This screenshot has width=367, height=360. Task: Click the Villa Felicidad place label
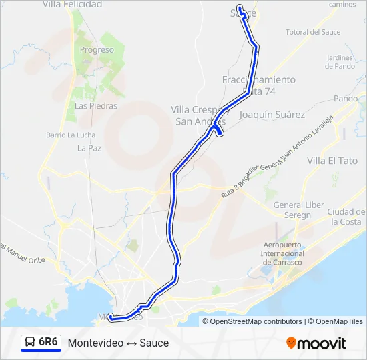pos(72,5)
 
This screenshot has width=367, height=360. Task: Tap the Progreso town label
pos(97,50)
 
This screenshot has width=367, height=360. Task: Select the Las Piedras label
pos(95,105)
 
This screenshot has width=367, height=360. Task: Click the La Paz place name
pos(89,148)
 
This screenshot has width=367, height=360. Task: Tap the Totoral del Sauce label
pos(313,32)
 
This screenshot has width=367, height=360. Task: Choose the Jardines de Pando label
pos(340,62)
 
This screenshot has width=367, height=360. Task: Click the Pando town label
pos(346,98)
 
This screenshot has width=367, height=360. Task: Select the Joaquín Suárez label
pos(272,115)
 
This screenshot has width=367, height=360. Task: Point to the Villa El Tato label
pos(332,161)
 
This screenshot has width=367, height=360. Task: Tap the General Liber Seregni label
pos(293,210)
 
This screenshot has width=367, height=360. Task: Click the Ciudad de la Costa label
pos(346,217)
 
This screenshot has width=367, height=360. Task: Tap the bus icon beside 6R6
pos(30,343)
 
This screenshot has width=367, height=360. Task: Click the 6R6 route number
pos(48,342)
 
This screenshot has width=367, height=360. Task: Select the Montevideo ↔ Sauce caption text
pos(118,343)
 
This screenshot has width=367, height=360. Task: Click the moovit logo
pos(316,343)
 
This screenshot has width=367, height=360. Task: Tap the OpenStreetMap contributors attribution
pos(256,321)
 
